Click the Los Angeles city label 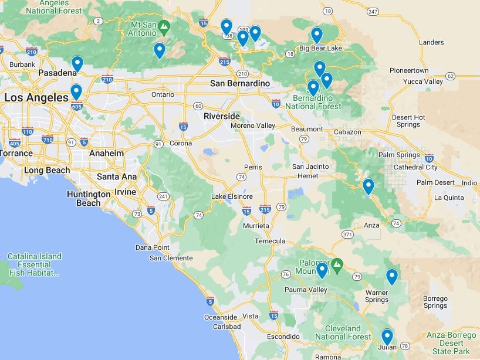click(x=36, y=97)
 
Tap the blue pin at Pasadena click(x=77, y=63)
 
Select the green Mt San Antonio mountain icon click(x=165, y=26)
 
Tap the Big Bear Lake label click(x=320, y=47)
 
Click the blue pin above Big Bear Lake click(x=317, y=35)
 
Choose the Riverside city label click(x=222, y=116)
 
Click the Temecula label click(x=270, y=241)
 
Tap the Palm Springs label click(x=400, y=155)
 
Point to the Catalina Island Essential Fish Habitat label click(x=34, y=264)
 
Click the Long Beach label click(x=47, y=170)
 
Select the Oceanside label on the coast click(x=220, y=317)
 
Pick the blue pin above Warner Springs click(x=391, y=276)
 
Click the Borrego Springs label click(x=435, y=302)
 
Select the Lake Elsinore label click(x=232, y=196)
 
